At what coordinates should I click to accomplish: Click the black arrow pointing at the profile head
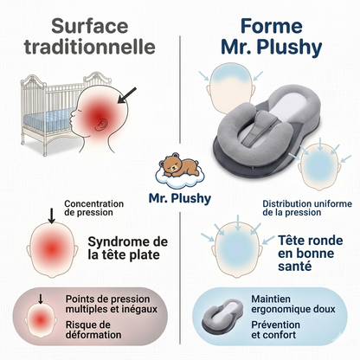click(127, 95)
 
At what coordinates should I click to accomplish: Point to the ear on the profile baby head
click(100, 125)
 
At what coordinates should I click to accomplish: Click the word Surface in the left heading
click(90, 26)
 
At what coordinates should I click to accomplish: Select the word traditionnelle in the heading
click(90, 47)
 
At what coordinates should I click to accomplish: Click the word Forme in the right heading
click(272, 26)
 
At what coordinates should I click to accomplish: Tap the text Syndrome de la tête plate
click(127, 248)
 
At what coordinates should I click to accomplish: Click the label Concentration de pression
click(94, 208)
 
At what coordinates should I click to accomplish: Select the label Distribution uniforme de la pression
click(307, 208)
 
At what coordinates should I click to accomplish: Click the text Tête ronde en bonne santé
click(311, 254)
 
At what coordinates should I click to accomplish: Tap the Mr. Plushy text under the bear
click(180, 198)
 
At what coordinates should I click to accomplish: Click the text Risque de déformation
click(93, 330)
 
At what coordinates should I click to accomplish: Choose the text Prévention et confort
click(275, 330)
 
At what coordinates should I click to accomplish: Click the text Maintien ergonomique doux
click(293, 304)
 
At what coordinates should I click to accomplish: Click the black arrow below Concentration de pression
click(51, 215)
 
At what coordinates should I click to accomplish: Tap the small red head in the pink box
click(41, 320)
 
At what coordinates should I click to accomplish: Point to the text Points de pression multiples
click(112, 304)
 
